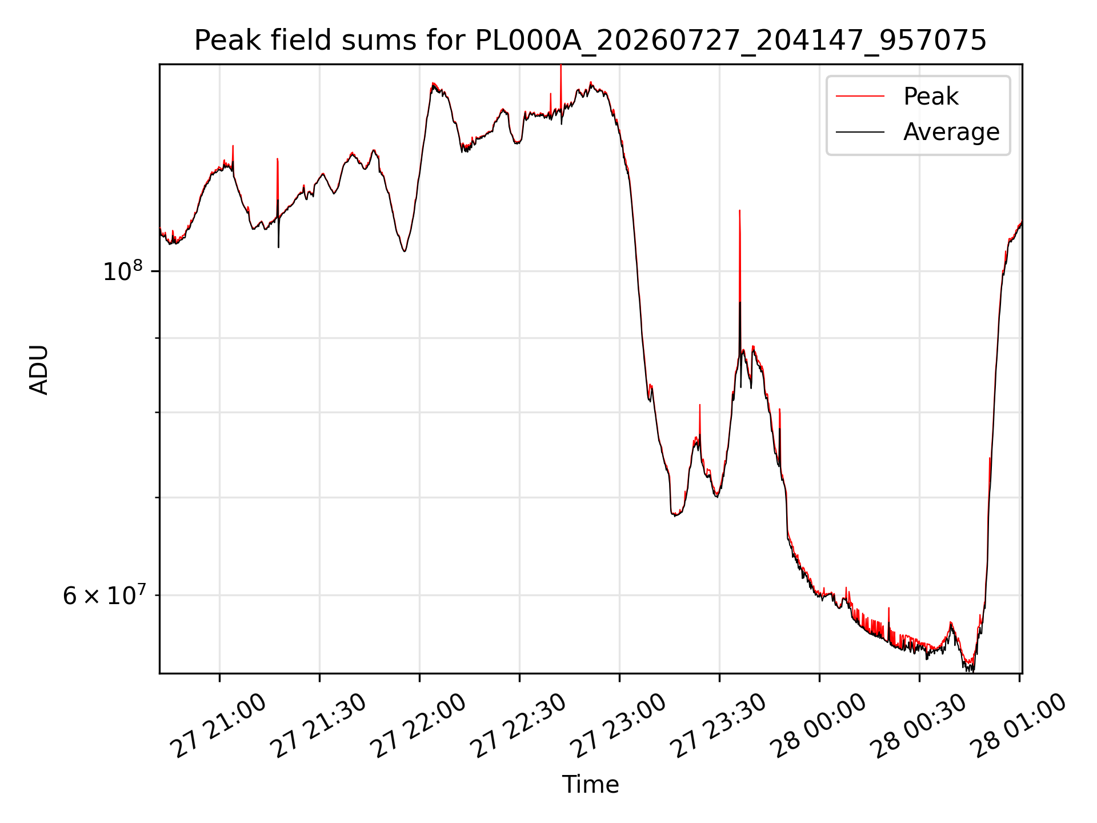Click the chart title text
[x=590, y=41]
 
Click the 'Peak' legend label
[x=931, y=96]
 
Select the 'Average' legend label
[x=951, y=132]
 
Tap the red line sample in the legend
[x=860, y=96]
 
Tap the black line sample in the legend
[x=860, y=132]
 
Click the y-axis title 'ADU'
[x=39, y=369]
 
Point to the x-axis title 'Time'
[x=590, y=785]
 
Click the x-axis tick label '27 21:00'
[x=220, y=726]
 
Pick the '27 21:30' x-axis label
[x=319, y=726]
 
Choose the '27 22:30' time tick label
[x=519, y=726]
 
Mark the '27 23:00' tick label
[x=619, y=726]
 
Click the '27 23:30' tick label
[x=719, y=726]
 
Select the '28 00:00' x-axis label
[x=819, y=726]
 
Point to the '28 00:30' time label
[x=919, y=726]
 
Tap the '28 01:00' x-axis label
[x=1019, y=726]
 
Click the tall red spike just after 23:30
[x=740, y=257]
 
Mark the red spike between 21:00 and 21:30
[x=278, y=183]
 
